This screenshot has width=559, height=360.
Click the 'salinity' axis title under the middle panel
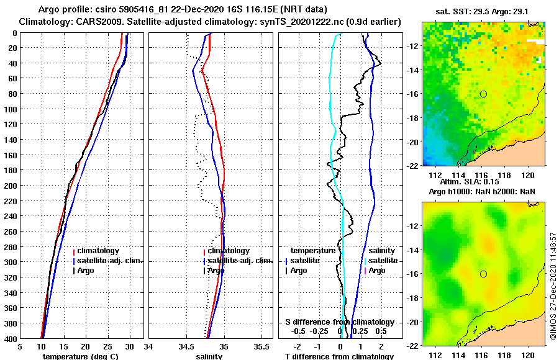click(209, 356)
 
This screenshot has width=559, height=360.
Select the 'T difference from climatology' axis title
click(339, 356)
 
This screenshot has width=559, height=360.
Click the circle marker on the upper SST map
click(483, 94)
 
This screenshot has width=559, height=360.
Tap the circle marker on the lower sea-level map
click(483, 274)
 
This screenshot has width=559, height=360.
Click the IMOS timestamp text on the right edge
click(553, 286)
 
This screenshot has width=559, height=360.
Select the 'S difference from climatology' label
click(339, 322)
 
